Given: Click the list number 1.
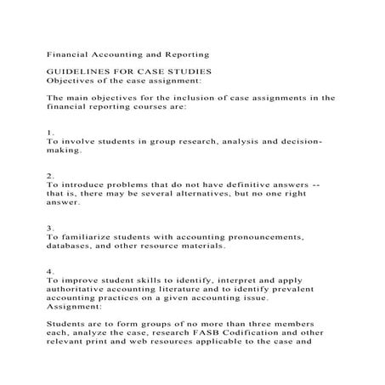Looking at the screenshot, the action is pos(51,132).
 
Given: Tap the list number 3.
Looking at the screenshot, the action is pos(51,227).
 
